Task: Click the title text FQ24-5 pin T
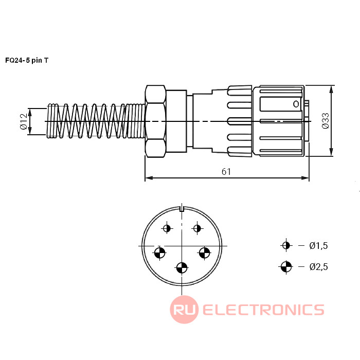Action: click(x=27, y=60)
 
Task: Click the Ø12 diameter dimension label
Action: click(x=23, y=121)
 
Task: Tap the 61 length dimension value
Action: click(x=226, y=172)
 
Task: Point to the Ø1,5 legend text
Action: click(x=318, y=246)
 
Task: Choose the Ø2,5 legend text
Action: click(x=318, y=266)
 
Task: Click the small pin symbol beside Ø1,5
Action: click(x=286, y=245)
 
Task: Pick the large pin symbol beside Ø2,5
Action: click(x=286, y=266)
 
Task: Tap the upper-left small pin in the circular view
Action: click(x=167, y=228)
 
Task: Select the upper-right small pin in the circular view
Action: click(x=196, y=228)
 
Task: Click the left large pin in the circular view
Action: click(x=160, y=253)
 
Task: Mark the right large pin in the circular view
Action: click(x=204, y=253)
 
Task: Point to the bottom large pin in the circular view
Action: click(x=182, y=267)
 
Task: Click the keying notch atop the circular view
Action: click(x=182, y=208)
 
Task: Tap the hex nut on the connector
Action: click(x=155, y=121)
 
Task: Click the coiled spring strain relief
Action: click(x=95, y=121)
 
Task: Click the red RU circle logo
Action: click(x=184, y=310)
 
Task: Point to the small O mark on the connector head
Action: click(x=296, y=104)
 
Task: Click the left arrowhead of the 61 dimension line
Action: click(x=148, y=178)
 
